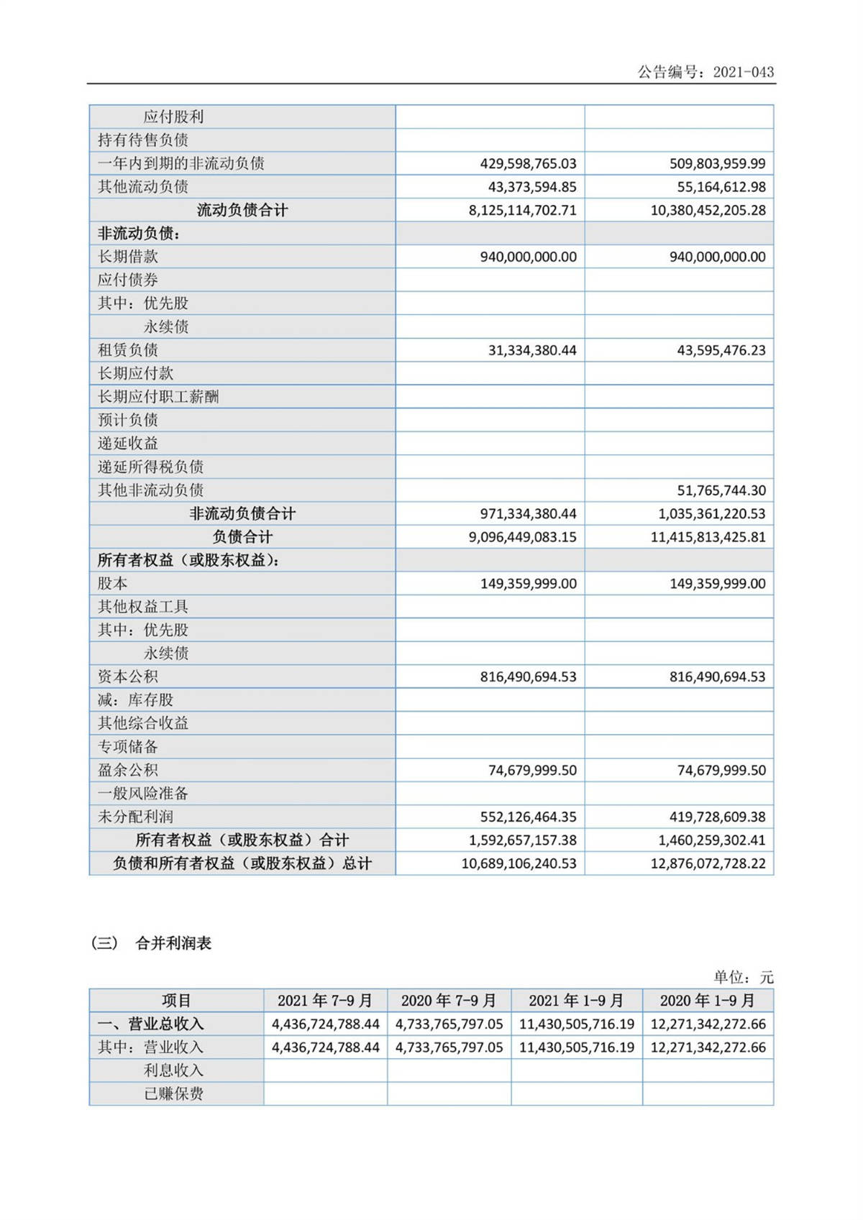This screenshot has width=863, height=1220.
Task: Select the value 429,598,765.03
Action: click(528, 164)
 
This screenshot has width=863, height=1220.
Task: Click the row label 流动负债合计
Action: click(242, 211)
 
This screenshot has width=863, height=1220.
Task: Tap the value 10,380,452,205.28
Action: click(708, 211)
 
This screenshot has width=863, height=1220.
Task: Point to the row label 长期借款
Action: click(128, 257)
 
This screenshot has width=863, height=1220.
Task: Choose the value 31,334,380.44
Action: click(532, 350)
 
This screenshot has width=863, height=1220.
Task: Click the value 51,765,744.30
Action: click(721, 490)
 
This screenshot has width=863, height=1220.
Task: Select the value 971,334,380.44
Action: click(528, 514)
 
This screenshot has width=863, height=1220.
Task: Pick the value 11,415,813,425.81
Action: click(708, 537)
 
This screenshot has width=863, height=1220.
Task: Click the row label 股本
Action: click(113, 583)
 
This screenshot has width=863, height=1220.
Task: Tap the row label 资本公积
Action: click(128, 676)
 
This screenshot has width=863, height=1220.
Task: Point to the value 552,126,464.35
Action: click(528, 817)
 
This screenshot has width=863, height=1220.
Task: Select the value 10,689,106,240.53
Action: click(519, 863)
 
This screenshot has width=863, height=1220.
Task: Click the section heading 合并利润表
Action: click(173, 943)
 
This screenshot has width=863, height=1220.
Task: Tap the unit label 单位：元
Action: click(743, 977)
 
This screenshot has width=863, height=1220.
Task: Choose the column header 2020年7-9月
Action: click(449, 1001)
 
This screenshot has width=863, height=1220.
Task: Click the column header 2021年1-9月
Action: click(576, 1001)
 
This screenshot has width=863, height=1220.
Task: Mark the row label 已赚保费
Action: click(173, 1093)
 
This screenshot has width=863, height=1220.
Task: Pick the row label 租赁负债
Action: click(128, 350)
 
